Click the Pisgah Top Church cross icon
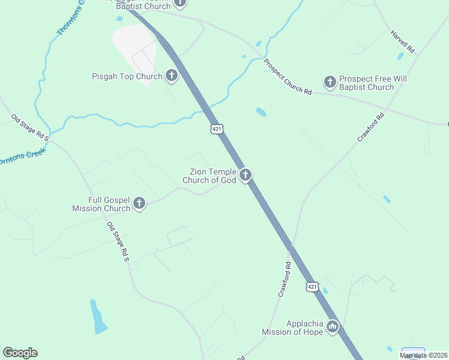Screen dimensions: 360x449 (x=172, y=76)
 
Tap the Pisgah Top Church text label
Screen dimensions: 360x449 (x=127, y=77)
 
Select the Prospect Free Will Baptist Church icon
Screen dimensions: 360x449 (x=330, y=82)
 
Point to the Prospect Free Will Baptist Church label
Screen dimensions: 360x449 (x=366, y=83)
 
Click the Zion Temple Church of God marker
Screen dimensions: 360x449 (x=245, y=175)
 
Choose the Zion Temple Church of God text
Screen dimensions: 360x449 (x=209, y=176)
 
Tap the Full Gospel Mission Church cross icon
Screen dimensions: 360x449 (x=139, y=203)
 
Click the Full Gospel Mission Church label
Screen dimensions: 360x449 (x=101, y=204)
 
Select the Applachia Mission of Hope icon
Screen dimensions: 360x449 (x=333, y=327)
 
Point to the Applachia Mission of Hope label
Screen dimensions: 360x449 (x=292, y=328)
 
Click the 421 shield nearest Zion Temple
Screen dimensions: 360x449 (x=217, y=129)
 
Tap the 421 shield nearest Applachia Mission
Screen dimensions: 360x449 (x=312, y=287)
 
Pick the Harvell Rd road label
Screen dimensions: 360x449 (x=403, y=43)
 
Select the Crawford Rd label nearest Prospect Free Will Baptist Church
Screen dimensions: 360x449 (x=370, y=128)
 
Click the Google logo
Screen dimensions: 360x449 (x=20, y=353)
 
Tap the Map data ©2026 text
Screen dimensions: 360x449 (x=424, y=355)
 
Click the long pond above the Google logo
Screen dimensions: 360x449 (x=97, y=316)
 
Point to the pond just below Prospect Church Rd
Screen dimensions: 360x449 (x=261, y=112)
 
